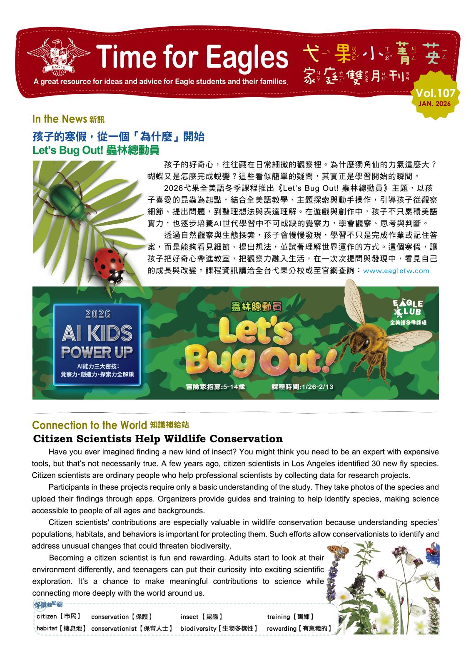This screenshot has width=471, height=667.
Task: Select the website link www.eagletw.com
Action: pyautogui.click(x=396, y=271)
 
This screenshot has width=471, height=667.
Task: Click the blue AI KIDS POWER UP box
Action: pyautogui.click(x=97, y=344)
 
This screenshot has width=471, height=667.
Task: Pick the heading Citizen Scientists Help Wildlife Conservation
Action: pyautogui.click(x=158, y=439)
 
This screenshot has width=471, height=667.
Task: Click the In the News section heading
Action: pyautogui.click(x=59, y=119)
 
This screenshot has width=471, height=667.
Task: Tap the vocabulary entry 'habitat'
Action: pyautogui.click(x=47, y=628)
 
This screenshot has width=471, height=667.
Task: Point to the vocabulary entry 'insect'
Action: pyautogui.click(x=189, y=617)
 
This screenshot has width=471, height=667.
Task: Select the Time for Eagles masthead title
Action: pyautogui.click(x=192, y=58)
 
